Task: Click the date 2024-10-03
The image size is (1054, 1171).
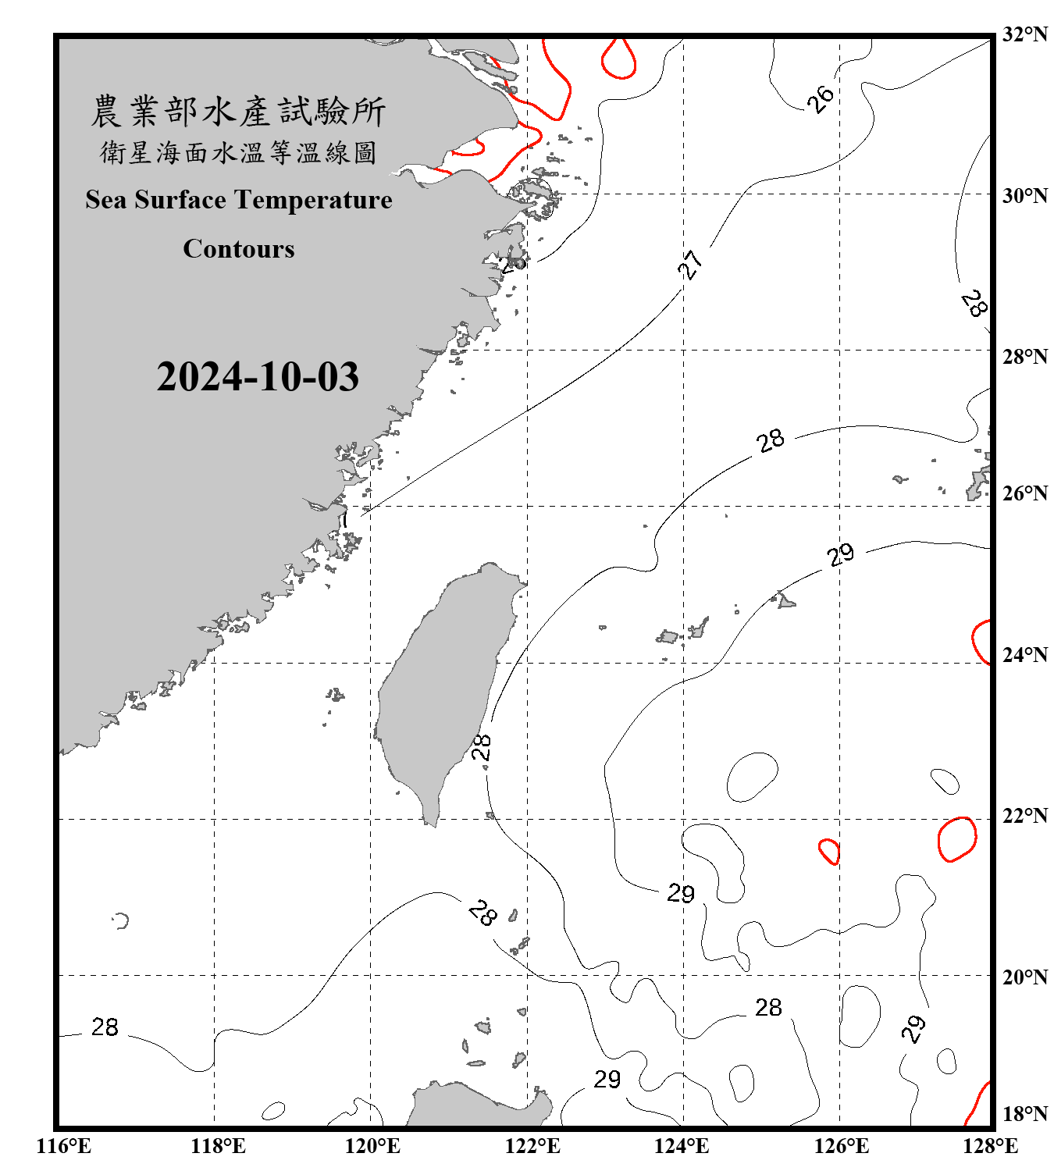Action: tap(258, 377)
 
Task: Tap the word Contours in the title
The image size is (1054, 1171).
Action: tap(239, 249)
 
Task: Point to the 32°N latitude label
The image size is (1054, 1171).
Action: tap(1024, 34)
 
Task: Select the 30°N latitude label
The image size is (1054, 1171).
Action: tap(1024, 195)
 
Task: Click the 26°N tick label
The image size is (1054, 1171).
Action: tap(1024, 493)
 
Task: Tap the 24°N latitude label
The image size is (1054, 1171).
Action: tap(1024, 654)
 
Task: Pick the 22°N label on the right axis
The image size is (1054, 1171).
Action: tap(1024, 816)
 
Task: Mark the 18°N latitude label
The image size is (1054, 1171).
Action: tap(1024, 1114)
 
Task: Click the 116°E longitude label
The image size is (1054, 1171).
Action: tap(63, 1146)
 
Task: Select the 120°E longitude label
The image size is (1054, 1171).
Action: tap(372, 1146)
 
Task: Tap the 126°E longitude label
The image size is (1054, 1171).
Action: tap(841, 1146)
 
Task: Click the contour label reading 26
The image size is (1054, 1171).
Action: tap(821, 99)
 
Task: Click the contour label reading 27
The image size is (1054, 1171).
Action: tap(690, 265)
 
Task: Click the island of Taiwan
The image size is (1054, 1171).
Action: tap(441, 687)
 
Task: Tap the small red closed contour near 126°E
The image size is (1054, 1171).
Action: tap(829, 851)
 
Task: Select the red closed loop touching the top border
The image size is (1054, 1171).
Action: tap(618, 59)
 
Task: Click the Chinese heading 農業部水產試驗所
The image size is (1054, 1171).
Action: tap(238, 112)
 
